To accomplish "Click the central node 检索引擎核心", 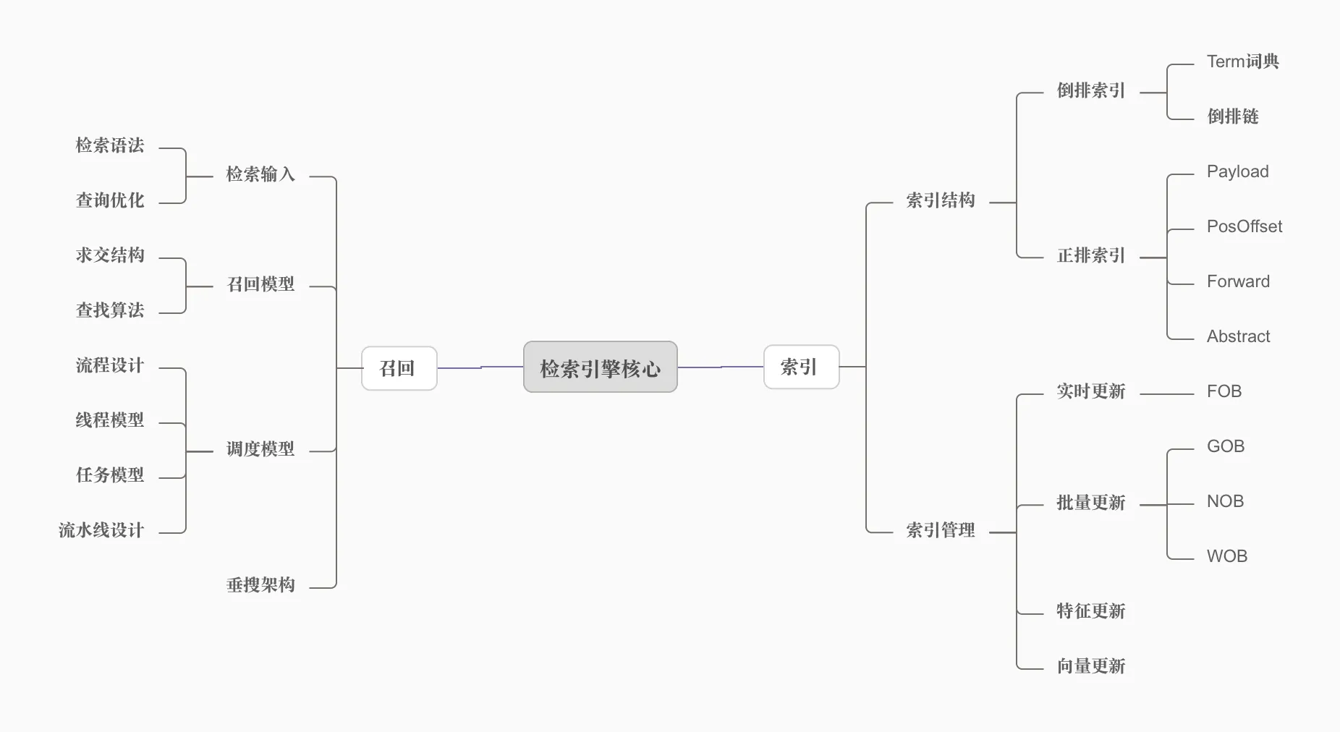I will click(x=600, y=367).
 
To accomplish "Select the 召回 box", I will click(x=399, y=368).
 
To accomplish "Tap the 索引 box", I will click(x=801, y=367).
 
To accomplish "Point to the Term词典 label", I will click(x=1242, y=61).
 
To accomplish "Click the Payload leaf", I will click(x=1237, y=171).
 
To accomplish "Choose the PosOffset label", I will click(x=1244, y=226).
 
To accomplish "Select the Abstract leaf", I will click(x=1238, y=336).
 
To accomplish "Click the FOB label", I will click(x=1224, y=391).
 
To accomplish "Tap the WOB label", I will click(x=1226, y=556).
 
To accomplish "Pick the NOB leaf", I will click(x=1225, y=501).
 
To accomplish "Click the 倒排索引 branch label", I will click(x=1090, y=90).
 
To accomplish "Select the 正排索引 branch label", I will click(x=1090, y=255).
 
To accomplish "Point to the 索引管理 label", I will click(x=940, y=530).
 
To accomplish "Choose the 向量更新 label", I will click(x=1090, y=666).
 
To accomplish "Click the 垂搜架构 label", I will click(x=260, y=585).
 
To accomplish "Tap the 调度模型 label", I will click(x=260, y=449).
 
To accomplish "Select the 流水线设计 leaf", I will click(x=101, y=530).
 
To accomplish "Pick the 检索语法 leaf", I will click(x=110, y=145).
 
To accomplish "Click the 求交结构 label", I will click(x=110, y=255).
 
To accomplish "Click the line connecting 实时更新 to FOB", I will click(x=1166, y=394).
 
